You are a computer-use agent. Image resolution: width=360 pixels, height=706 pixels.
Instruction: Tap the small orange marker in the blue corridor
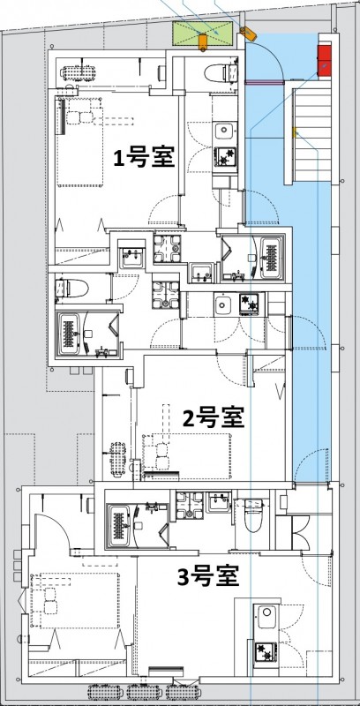point(294,134)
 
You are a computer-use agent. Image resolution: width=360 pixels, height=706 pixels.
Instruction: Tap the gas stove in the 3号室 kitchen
point(265,652)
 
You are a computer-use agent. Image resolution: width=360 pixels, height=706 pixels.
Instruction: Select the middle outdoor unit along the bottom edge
point(145,694)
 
